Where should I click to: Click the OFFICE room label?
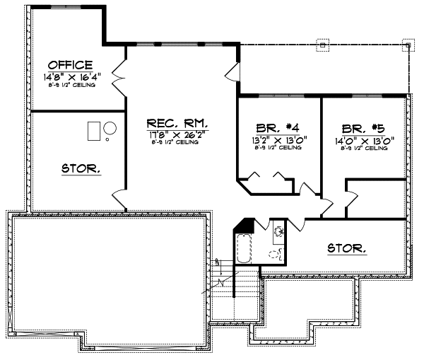point(70,64)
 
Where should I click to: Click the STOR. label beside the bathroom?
point(347,248)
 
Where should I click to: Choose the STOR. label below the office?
point(81,168)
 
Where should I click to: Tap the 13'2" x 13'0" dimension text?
point(276,139)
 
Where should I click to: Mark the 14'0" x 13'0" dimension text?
point(366,139)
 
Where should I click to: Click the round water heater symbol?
point(111,129)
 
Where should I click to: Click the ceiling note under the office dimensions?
point(70,85)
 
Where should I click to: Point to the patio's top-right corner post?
point(408,45)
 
